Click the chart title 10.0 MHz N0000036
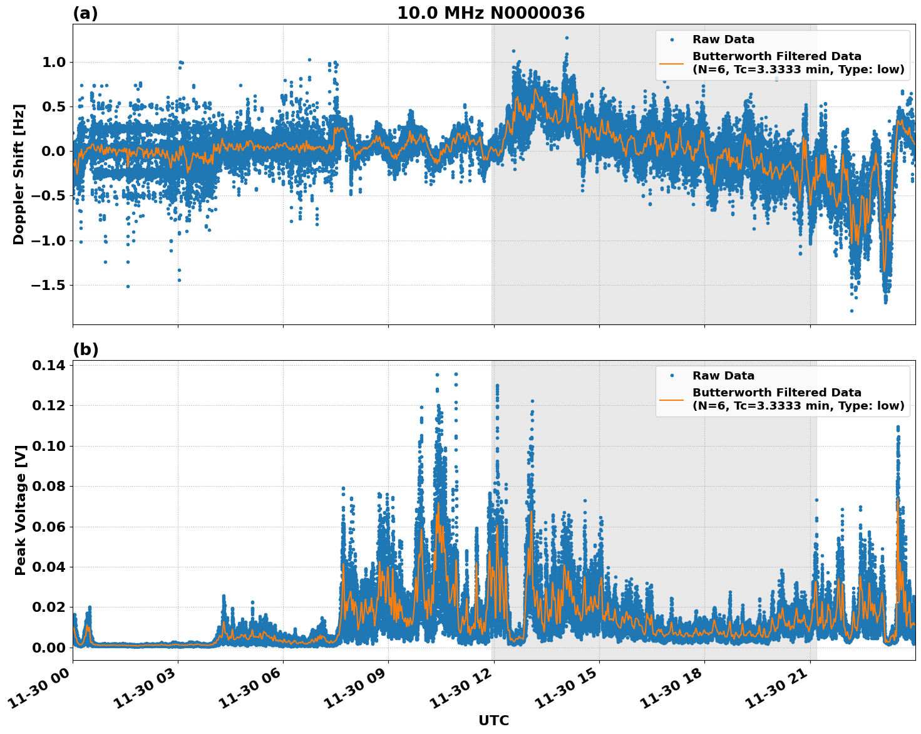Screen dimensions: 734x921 [490, 13]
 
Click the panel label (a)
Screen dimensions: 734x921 [85, 13]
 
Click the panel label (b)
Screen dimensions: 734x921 [85, 349]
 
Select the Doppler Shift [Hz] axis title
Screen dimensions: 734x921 [19, 174]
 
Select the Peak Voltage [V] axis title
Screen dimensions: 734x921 [21, 510]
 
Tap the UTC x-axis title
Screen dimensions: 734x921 [493, 720]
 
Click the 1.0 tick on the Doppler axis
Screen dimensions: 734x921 [54, 62]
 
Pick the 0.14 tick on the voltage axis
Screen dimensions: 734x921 [48, 365]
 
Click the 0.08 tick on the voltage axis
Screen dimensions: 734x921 [48, 486]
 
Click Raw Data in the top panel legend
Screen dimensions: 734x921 [723, 39]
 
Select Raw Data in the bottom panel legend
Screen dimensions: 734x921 [723, 376]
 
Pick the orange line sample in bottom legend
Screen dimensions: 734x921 [671, 399]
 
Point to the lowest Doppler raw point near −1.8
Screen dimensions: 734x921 [852, 311]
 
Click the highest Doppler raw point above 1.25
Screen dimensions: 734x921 [567, 38]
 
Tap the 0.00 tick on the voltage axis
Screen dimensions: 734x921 [48, 648]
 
